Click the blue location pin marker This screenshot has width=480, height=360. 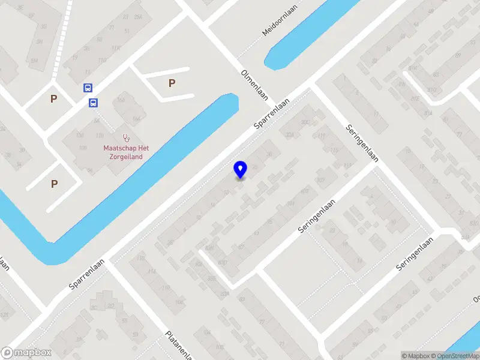(241, 170)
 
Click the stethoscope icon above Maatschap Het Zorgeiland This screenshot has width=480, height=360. (126, 137)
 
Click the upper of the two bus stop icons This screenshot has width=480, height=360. (88, 88)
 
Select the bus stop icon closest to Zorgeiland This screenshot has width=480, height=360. (94, 103)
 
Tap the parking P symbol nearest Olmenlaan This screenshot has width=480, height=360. (172, 83)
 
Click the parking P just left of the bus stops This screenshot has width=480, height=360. (53, 99)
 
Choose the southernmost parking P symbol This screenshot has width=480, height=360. (55, 184)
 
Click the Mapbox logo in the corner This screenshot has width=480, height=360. (26, 353)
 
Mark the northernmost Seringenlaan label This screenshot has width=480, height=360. (362, 143)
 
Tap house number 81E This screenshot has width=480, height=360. (415, 99)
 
